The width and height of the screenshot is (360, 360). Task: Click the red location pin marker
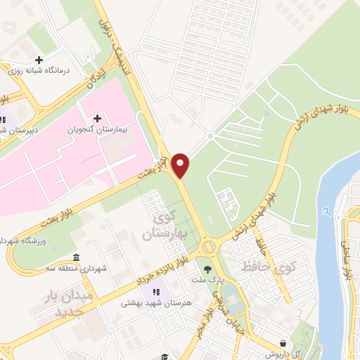pos(181,165)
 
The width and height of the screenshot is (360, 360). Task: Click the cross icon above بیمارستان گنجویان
pos(97,117)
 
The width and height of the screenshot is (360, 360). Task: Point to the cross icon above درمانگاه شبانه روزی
pos(39,60)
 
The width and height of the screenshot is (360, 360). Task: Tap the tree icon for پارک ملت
pos(207,269)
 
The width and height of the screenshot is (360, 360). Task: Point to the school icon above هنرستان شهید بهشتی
pos(154,291)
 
